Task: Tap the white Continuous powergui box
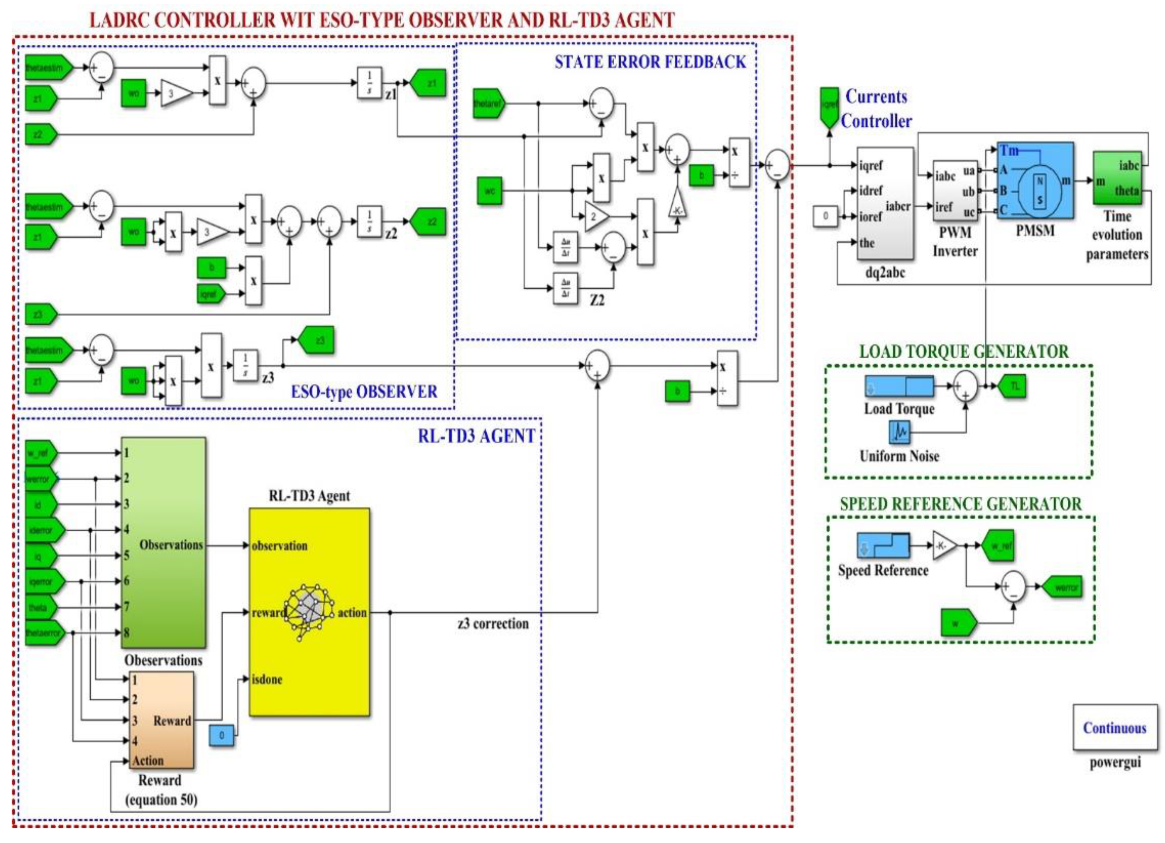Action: [1115, 727]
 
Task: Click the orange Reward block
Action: [161, 720]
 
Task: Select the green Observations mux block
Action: [163, 542]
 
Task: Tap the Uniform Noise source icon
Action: [899, 432]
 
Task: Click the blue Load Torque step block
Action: [899, 386]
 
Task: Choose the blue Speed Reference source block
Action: [882, 545]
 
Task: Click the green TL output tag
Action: [1012, 386]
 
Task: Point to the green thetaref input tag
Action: [488, 103]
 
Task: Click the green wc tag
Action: [489, 191]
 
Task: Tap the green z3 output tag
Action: [317, 340]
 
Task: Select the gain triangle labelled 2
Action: [596, 216]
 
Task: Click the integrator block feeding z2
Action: [369, 221]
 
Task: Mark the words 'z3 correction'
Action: [493, 624]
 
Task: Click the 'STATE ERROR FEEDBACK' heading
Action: [650, 62]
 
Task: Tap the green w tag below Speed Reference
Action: [958, 624]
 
